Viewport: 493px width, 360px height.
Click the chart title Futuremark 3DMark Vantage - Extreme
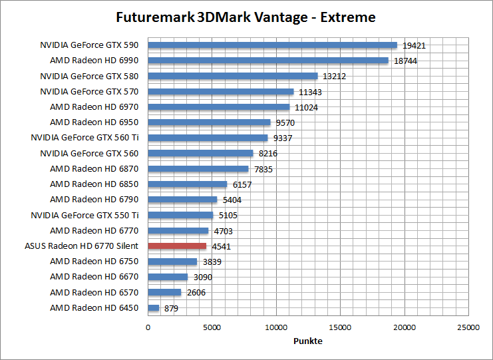tap(246, 17)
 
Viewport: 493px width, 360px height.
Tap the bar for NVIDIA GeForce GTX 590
tap(272, 45)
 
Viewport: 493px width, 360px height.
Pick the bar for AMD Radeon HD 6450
tap(154, 308)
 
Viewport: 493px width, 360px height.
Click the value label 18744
tap(405, 61)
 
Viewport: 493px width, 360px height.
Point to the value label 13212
tap(334, 77)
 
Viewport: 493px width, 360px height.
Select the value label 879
tap(171, 308)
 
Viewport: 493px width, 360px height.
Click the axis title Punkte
tap(308, 341)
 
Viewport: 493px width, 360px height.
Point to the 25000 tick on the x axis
tap(468, 327)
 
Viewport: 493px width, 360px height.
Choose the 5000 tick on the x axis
tap(212, 327)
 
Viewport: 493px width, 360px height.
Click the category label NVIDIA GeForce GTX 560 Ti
tap(84, 138)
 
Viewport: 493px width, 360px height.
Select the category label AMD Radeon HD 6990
tap(94, 61)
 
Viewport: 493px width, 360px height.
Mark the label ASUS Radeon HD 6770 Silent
tap(81, 246)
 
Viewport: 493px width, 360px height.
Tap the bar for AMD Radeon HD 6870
tap(198, 169)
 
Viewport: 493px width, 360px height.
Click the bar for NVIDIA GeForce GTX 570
tap(220, 92)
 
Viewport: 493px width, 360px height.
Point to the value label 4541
tap(222, 246)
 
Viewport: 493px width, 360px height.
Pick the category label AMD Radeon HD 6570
tap(94, 292)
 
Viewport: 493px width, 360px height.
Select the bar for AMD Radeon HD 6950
tap(209, 122)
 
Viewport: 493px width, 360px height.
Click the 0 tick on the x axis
tap(148, 327)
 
